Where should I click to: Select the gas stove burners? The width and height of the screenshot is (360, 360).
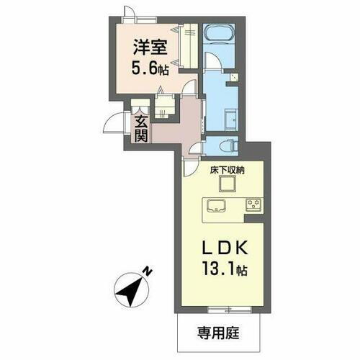[x=253, y=204]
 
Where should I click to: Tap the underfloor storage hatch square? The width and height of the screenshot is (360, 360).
[x=225, y=184]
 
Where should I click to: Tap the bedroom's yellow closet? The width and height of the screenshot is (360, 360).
[x=190, y=48]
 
